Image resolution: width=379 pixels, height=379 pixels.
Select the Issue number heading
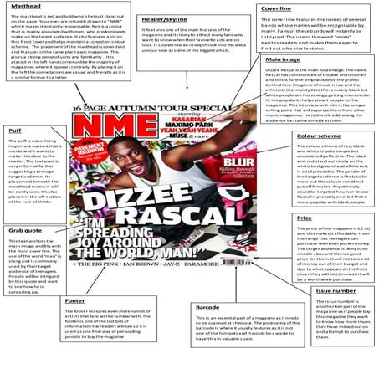334,290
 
